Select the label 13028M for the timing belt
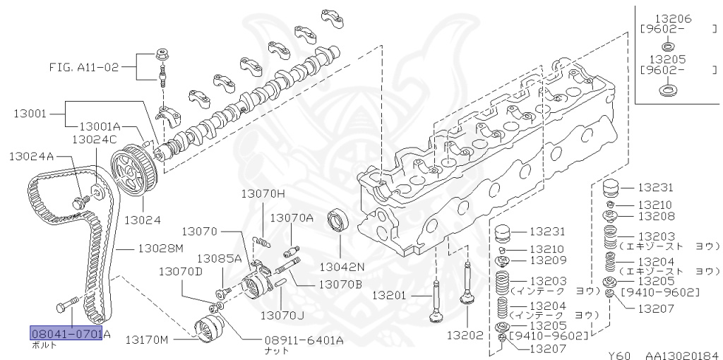coord(160,248)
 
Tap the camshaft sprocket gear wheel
coord(136,172)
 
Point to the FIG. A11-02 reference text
coord(80,68)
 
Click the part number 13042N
coord(341,267)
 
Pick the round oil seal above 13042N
coord(339,221)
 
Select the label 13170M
coord(147,340)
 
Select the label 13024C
coord(94,140)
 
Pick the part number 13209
coord(548,260)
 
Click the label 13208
coord(656,215)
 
